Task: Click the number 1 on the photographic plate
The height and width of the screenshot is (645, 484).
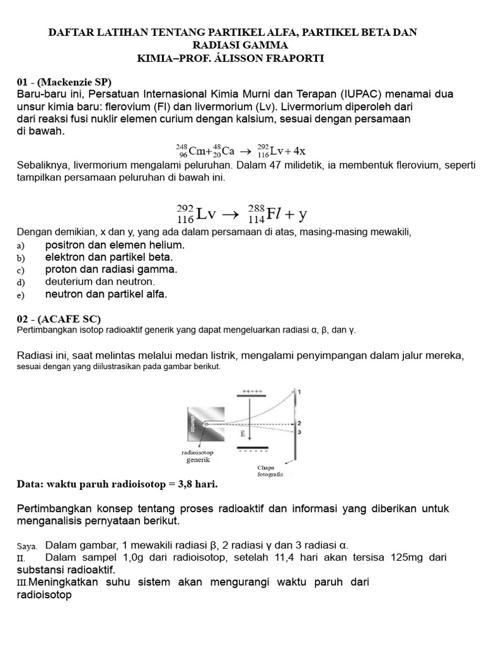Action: click(299, 392)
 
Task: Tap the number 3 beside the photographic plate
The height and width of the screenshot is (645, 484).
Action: click(299, 432)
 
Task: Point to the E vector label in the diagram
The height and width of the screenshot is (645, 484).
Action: click(243, 435)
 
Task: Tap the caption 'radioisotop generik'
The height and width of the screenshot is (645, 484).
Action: click(197, 456)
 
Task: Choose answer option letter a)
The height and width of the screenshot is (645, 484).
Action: click(20, 245)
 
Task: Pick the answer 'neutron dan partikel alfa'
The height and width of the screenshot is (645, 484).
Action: click(106, 294)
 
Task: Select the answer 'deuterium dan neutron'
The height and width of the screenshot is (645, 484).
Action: click(100, 282)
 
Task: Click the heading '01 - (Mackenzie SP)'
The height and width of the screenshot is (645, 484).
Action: click(64, 82)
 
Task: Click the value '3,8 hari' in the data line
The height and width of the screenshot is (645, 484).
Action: click(198, 484)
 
